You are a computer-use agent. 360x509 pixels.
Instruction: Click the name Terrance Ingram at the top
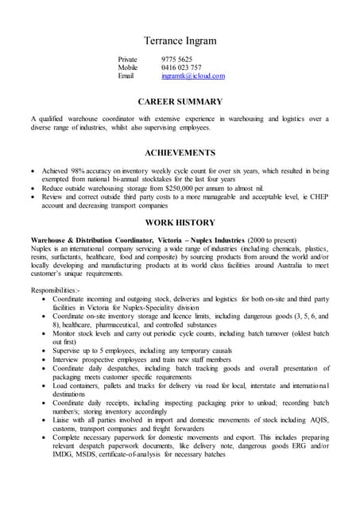[x=180, y=41]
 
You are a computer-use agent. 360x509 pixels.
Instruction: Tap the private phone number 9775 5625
[x=176, y=60]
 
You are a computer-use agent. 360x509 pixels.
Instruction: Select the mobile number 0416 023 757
[x=181, y=68]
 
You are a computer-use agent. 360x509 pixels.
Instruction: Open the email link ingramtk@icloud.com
[x=193, y=76]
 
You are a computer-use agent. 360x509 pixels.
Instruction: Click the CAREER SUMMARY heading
[x=180, y=102]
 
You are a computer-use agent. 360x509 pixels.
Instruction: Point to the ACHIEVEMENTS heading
[x=180, y=152]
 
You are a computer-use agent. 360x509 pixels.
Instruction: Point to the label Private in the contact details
[x=128, y=60]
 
